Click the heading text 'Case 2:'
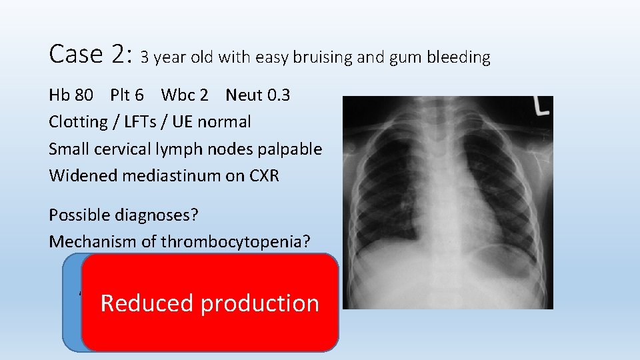point(91,54)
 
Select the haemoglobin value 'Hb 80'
point(71,95)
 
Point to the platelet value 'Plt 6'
point(129,95)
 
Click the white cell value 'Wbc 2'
point(184,95)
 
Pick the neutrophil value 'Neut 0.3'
point(257,95)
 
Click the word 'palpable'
point(293,149)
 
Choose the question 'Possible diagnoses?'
point(123,215)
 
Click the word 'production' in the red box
point(259,304)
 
